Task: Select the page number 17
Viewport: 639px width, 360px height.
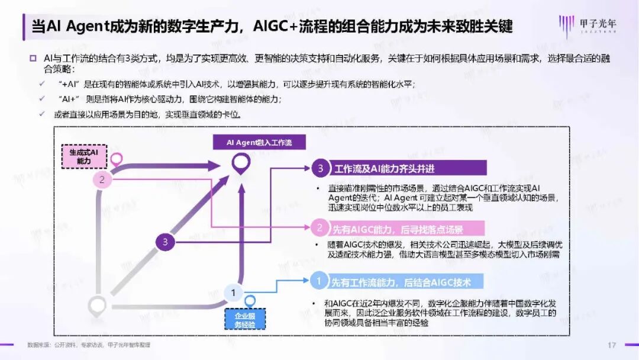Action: tap(612, 345)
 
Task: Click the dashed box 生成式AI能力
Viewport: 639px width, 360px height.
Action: tap(83, 156)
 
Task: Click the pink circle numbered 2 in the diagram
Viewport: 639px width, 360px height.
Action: tap(102, 180)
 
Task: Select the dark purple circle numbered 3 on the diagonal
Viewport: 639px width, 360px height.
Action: tap(165, 242)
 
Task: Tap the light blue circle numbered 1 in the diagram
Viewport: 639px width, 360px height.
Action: tap(233, 292)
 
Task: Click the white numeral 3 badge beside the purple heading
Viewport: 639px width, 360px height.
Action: tap(320, 169)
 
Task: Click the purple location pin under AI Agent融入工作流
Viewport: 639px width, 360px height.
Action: tap(239, 163)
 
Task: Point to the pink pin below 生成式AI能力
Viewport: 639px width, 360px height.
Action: tap(117, 159)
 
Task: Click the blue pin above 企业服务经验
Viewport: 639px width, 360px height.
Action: tap(250, 301)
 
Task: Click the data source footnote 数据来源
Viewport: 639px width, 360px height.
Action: tap(89, 345)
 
